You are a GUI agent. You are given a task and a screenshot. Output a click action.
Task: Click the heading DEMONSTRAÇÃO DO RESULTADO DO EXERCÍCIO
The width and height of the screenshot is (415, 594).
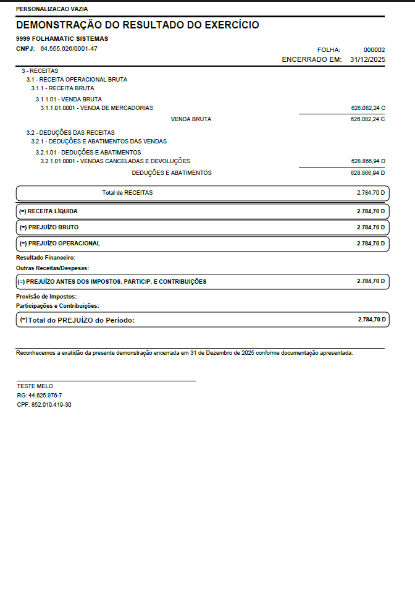click(x=137, y=25)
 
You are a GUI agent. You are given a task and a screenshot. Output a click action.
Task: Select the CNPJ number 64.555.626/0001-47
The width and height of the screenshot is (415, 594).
click(x=69, y=48)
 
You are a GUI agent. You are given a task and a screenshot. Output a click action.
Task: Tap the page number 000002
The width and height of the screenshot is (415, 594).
click(x=374, y=49)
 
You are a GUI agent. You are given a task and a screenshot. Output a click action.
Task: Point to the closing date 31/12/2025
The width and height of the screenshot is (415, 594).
click(x=367, y=59)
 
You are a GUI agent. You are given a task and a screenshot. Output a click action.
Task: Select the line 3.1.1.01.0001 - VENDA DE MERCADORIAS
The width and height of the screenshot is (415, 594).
click(x=96, y=108)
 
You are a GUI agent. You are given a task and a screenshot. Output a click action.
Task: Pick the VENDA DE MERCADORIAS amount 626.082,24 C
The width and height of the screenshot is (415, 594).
click(x=367, y=108)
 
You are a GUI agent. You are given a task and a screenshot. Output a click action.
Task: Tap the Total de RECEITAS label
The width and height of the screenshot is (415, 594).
click(x=127, y=193)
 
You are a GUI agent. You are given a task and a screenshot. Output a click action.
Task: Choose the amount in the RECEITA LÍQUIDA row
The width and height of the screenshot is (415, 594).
click(x=371, y=211)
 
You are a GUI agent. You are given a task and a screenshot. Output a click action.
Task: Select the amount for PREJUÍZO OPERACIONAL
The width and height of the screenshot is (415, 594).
click(x=371, y=244)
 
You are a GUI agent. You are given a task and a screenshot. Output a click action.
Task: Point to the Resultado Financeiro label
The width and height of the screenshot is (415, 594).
click(x=46, y=257)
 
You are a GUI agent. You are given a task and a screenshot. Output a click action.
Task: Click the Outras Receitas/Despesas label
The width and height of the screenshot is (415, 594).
click(x=53, y=268)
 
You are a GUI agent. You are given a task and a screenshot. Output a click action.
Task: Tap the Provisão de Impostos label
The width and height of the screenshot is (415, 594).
click(x=47, y=297)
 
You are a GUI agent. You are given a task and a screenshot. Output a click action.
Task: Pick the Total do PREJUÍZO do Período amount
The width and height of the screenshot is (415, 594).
click(x=371, y=320)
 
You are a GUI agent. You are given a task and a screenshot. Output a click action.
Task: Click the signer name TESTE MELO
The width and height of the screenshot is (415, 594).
click(x=35, y=386)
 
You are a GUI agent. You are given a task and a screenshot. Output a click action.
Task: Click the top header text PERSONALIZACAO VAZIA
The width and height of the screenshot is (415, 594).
click(x=52, y=9)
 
